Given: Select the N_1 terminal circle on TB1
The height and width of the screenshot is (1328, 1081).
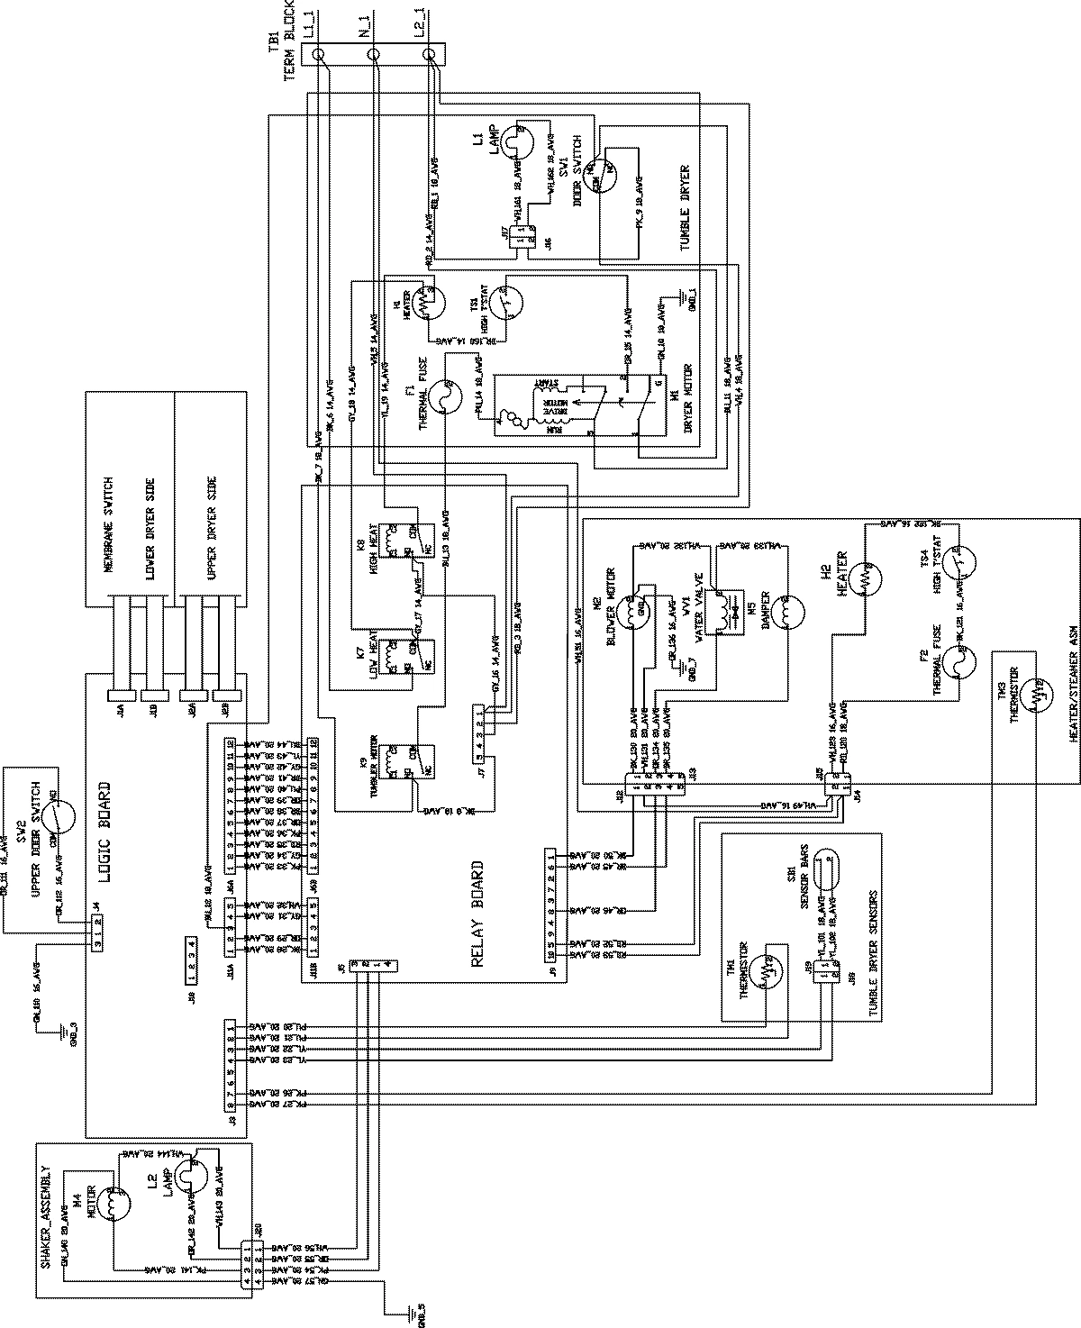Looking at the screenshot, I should pos(376,56).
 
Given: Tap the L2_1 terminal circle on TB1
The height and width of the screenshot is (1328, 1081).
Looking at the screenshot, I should pos(431,56).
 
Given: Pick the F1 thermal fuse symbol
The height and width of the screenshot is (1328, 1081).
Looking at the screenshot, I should pos(441,396).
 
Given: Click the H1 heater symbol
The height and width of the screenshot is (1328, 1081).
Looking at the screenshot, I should pos(422,296).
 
